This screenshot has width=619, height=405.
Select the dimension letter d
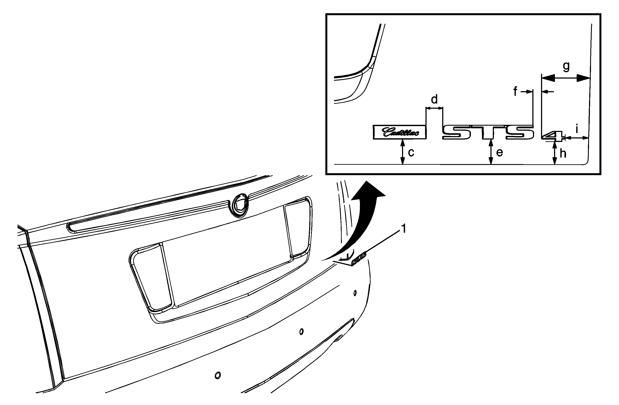coord(434,99)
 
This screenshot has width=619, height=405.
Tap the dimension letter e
coord(499,153)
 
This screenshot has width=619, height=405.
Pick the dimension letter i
coord(577,129)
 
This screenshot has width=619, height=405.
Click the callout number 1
coord(404,229)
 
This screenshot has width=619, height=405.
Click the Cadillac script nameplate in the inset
coord(400,132)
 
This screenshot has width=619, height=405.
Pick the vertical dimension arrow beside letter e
coord(491,152)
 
